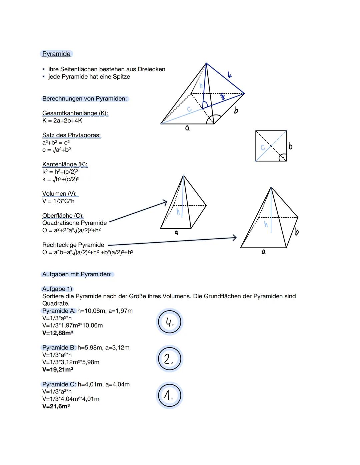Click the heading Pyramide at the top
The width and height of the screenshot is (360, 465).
coord(56,54)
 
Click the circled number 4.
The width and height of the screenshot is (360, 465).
coord(170,322)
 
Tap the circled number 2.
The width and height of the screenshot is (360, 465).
coord(170,359)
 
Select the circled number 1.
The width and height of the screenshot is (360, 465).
coord(170,396)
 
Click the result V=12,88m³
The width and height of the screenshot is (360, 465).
coord(58,333)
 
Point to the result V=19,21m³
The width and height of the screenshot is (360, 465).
coord(58,369)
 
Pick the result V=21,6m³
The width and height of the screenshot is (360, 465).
coord(56,406)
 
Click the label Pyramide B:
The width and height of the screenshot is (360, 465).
coord(59,348)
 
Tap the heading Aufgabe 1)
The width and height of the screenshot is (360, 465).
coord(57,289)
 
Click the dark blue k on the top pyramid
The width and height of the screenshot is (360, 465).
coord(229,75)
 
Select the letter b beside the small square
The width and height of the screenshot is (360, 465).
coord(290,146)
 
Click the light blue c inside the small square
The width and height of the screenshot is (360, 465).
coord(263,147)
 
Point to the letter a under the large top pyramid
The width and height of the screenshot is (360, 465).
coord(187,128)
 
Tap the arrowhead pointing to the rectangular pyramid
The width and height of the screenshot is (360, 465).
coord(234,237)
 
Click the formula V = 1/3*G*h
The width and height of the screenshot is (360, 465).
coord(58,201)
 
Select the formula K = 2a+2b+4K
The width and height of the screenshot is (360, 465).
coord(62,120)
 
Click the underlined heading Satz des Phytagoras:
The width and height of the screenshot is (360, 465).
coord(71,135)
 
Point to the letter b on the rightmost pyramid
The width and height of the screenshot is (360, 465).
coord(296,232)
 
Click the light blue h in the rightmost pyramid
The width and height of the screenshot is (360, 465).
coord(266,224)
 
